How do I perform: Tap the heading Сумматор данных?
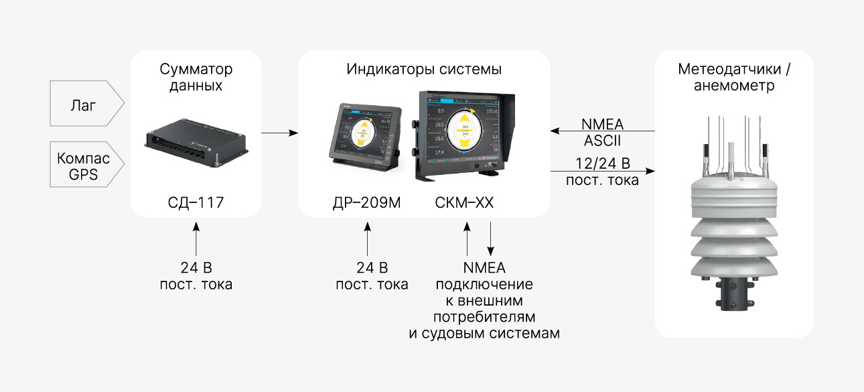(x=196, y=77)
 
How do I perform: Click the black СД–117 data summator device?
(x=196, y=141)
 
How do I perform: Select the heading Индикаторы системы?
(x=424, y=69)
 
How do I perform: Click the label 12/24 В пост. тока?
(x=602, y=171)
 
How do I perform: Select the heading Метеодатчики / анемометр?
(x=734, y=77)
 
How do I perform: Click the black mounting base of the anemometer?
(x=734, y=294)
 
